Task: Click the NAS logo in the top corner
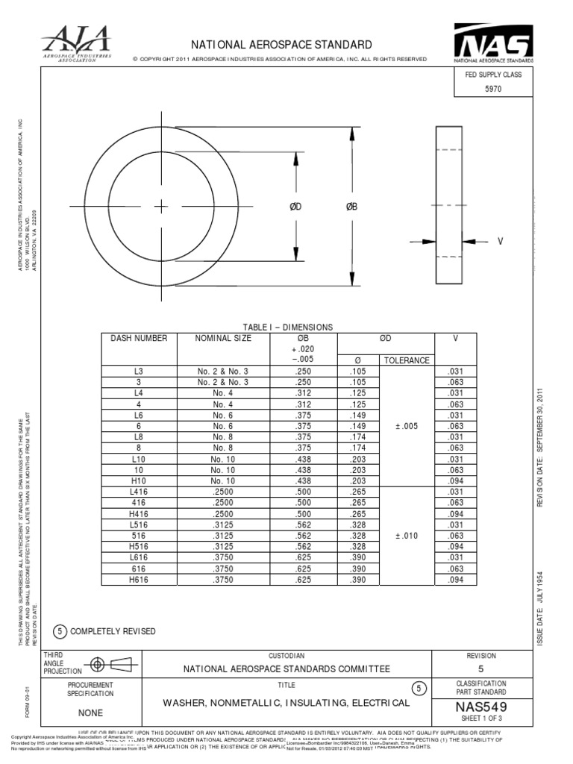coord(493,43)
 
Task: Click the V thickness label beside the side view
coord(499,241)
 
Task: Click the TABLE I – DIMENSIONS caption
coord(288,328)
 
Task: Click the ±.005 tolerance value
coord(407,426)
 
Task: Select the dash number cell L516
coord(138,524)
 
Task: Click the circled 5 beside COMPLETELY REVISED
coord(59,631)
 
